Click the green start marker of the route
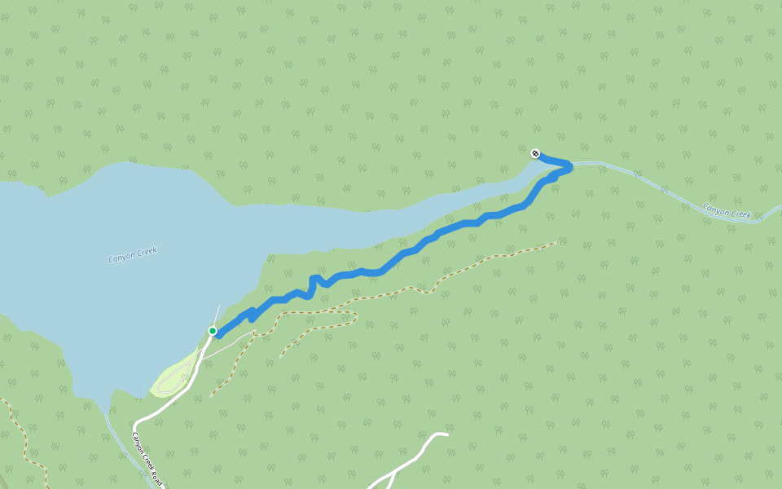[x=213, y=331]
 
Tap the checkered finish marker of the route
[x=535, y=153]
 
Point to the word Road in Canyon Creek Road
[x=156, y=474]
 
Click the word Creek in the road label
[x=146, y=456]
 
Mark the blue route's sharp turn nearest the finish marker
[x=569, y=166]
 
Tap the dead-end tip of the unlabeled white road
[x=446, y=434]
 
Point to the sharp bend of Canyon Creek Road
[x=135, y=424]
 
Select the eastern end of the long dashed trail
[x=557, y=242]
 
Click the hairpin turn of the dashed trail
[x=355, y=318]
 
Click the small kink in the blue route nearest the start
[x=252, y=316]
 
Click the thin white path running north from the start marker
[x=217, y=315]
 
